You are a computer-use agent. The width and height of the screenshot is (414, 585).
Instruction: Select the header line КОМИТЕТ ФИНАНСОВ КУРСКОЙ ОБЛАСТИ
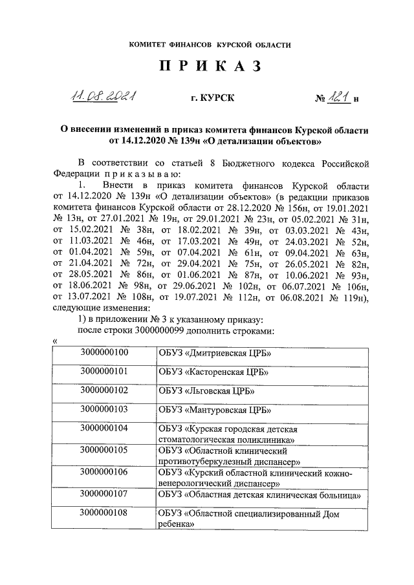point(207,45)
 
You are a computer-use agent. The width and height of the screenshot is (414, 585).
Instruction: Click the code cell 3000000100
point(105,353)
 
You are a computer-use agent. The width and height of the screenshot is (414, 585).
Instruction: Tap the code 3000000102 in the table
point(105,390)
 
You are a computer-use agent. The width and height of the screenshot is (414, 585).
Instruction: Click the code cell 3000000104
point(105,428)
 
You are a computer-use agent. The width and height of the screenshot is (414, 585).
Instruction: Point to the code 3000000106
point(105,473)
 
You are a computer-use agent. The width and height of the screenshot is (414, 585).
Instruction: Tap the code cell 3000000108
point(105,514)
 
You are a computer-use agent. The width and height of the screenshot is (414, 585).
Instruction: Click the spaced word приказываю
point(138,174)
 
